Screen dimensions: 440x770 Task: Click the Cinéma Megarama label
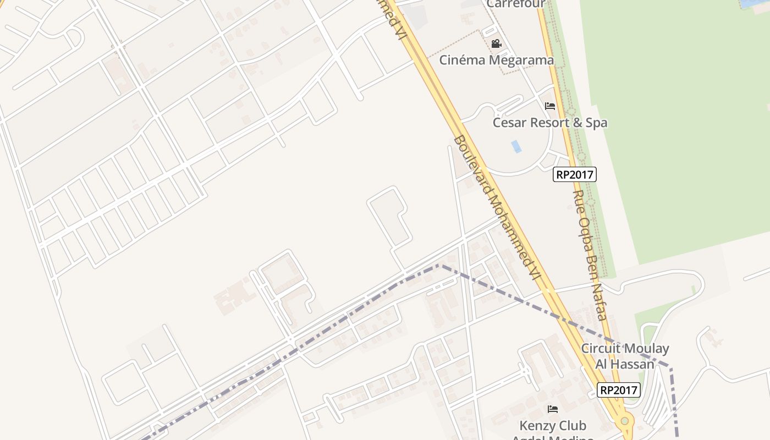496,60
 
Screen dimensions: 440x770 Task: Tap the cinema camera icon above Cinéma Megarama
496,43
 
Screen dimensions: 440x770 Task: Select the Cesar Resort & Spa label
549,123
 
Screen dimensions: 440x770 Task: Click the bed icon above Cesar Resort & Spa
549,106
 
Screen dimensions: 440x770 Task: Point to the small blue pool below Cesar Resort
516,146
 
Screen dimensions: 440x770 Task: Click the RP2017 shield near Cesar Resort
574,175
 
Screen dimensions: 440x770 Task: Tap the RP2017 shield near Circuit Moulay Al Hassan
619,390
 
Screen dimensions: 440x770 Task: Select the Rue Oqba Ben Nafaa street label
590,255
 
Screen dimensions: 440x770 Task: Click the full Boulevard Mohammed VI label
494,206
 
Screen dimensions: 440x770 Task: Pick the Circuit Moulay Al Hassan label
625,356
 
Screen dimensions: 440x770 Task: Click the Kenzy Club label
553,426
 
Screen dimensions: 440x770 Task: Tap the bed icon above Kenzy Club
553,409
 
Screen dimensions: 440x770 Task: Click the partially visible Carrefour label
515,4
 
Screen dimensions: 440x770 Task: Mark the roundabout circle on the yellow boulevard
624,421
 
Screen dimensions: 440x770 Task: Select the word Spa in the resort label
596,123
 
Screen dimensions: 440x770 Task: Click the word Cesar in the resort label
509,123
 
